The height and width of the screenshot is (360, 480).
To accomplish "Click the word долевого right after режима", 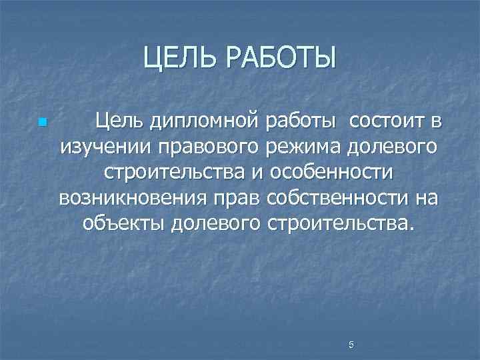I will [396, 147].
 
